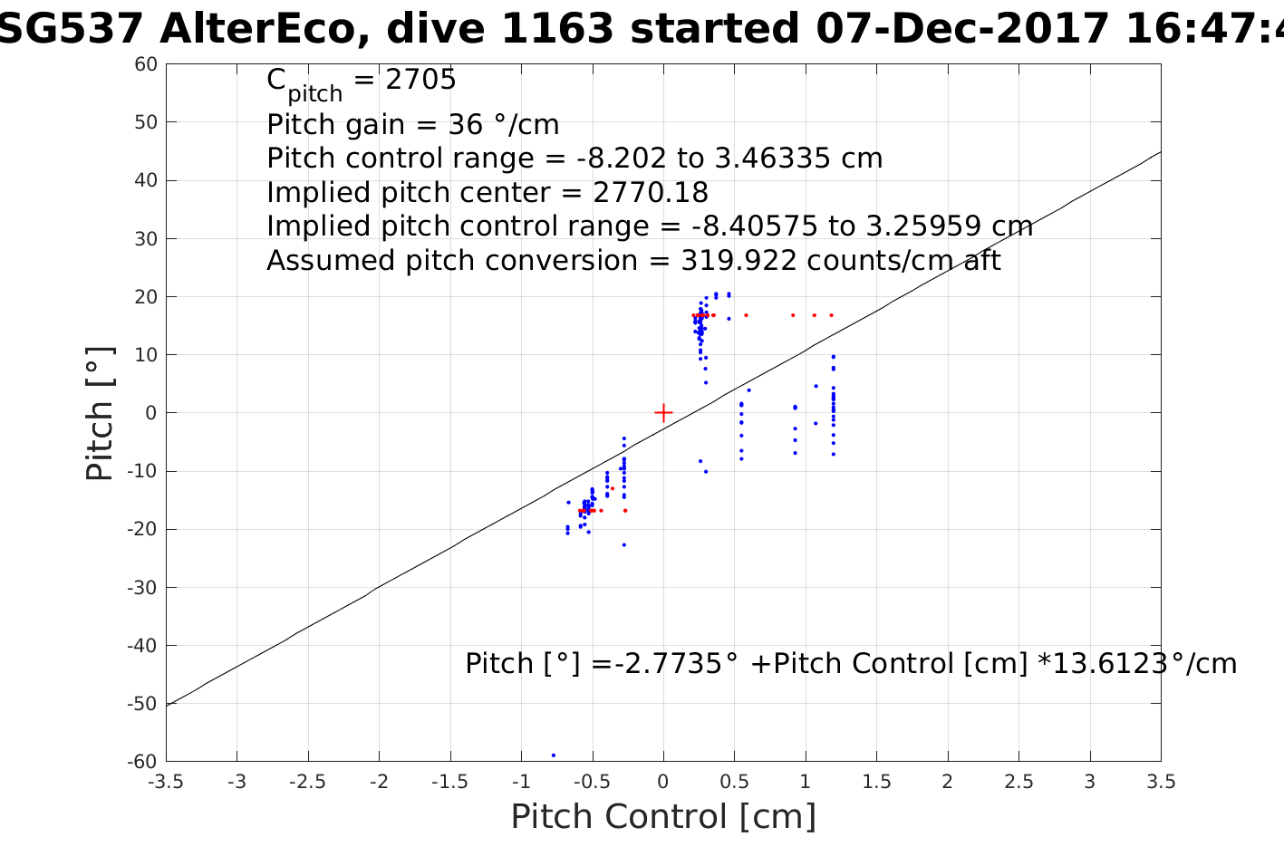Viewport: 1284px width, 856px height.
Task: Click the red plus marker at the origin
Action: (x=663, y=413)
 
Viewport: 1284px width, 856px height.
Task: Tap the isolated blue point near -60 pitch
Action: (x=554, y=755)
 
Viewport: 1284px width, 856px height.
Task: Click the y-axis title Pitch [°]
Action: (x=100, y=413)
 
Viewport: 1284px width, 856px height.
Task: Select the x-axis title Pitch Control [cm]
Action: (x=663, y=816)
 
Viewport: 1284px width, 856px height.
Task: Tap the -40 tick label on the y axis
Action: (x=143, y=646)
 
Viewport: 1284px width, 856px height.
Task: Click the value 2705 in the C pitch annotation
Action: (x=420, y=81)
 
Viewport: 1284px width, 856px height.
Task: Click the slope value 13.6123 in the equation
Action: (x=1110, y=664)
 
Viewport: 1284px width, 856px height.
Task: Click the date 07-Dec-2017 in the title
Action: (x=962, y=30)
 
